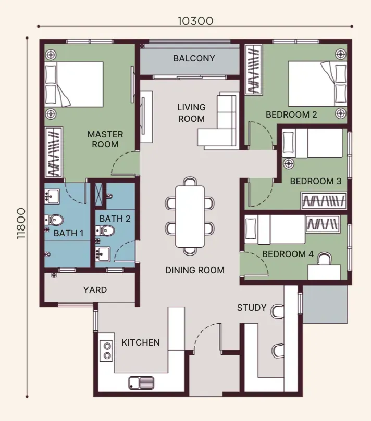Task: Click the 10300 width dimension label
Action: click(x=195, y=21)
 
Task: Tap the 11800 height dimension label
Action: click(x=21, y=224)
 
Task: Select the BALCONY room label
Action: click(x=194, y=58)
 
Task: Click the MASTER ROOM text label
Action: click(x=105, y=139)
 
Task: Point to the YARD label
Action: click(x=95, y=290)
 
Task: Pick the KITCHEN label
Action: click(x=141, y=342)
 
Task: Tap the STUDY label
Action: click(x=252, y=308)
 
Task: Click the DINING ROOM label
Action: click(x=195, y=270)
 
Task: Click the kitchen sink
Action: click(x=141, y=383)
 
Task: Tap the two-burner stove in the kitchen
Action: click(x=107, y=351)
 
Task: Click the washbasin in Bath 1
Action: click(x=52, y=197)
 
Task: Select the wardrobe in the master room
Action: click(x=54, y=152)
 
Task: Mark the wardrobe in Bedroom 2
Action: click(x=254, y=70)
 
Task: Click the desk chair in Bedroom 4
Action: click(x=325, y=259)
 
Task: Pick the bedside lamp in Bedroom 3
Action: click(x=289, y=163)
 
